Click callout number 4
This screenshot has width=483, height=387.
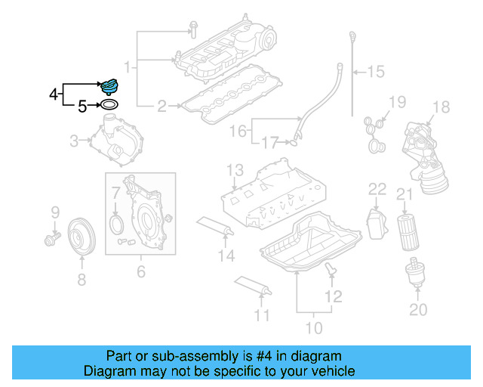[54, 94]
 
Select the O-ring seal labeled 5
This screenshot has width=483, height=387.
[109, 106]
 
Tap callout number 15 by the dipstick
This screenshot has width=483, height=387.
[375, 72]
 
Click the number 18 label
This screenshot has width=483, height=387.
[441, 107]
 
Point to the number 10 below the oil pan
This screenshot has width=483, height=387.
[313, 327]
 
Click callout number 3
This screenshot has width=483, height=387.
[74, 140]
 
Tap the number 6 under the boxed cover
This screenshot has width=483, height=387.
[140, 270]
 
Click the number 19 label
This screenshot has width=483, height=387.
[397, 102]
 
